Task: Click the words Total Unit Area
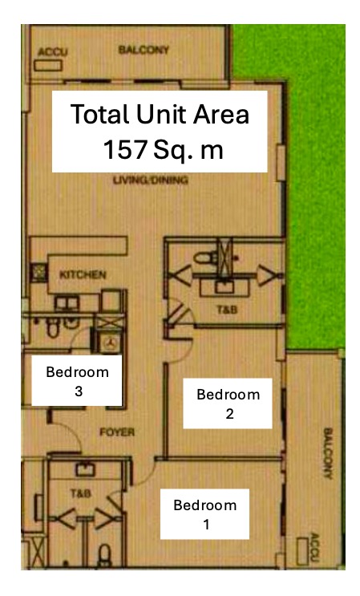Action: [x=160, y=114]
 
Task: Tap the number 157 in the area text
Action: [x=125, y=149]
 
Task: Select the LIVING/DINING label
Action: [x=151, y=180]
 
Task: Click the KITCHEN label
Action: [x=83, y=274]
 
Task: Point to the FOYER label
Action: [x=117, y=432]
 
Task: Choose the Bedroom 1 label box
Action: [x=204, y=514]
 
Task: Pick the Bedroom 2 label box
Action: [x=228, y=403]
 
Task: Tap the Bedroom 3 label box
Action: [x=77, y=380]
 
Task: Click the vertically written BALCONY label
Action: [x=328, y=453]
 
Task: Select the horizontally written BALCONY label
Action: [x=144, y=50]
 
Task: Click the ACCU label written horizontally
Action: [x=53, y=52]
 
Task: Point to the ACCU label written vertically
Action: [x=315, y=547]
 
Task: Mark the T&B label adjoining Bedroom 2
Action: [x=227, y=310]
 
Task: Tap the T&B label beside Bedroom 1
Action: [x=80, y=493]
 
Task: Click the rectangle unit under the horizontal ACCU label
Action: [x=48, y=66]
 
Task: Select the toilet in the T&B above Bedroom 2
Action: [x=204, y=258]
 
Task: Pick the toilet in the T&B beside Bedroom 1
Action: [x=104, y=554]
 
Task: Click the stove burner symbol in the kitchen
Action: [x=38, y=272]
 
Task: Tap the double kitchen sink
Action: [x=67, y=303]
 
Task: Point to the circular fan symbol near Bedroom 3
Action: [x=111, y=342]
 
